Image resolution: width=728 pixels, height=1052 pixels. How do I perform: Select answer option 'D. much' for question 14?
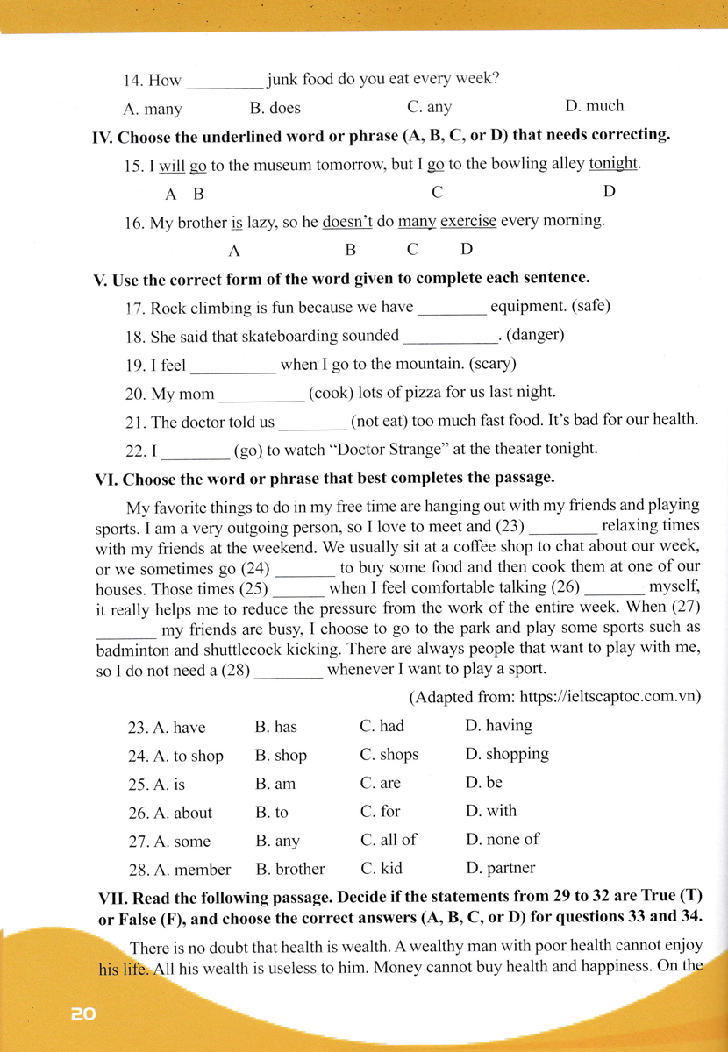coord(594,106)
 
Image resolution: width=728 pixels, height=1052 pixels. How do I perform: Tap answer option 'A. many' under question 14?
coord(153,109)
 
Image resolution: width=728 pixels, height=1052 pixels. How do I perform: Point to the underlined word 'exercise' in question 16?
coord(468,221)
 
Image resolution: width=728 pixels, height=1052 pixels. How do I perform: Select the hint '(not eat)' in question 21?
coord(377,421)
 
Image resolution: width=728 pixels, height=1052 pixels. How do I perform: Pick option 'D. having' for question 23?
coord(498,726)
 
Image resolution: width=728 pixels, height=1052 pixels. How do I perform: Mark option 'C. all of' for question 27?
coord(389,840)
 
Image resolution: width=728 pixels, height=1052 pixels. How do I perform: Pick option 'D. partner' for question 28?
coord(500,869)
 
